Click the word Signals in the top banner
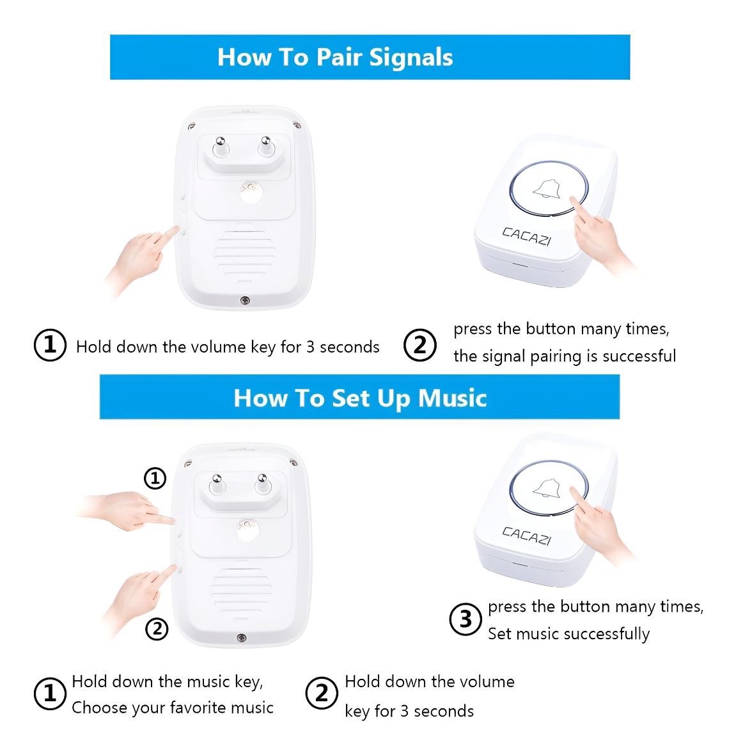411,58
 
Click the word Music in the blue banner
452,398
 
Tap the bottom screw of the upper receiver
245,301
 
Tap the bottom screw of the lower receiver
242,638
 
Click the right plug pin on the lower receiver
262,483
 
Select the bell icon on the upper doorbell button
547,189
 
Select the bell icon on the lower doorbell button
547,488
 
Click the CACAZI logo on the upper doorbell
526,236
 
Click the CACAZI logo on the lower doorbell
526,536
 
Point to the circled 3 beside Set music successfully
466,619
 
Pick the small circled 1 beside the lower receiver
155,478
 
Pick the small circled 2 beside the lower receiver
157,629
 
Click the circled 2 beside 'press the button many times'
420,345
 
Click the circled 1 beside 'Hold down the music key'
50,694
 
